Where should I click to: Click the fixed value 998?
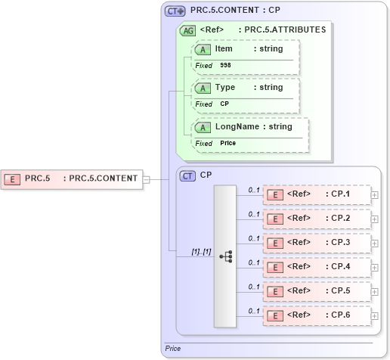pos(226,66)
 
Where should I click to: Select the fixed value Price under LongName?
pos(227,143)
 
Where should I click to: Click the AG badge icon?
pos(186,30)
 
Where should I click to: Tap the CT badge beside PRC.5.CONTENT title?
pos(175,12)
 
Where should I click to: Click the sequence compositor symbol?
pos(225,256)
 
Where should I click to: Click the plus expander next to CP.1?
pos(375,195)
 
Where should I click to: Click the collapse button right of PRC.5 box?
pos(147,179)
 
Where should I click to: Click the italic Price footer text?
pos(173,349)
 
